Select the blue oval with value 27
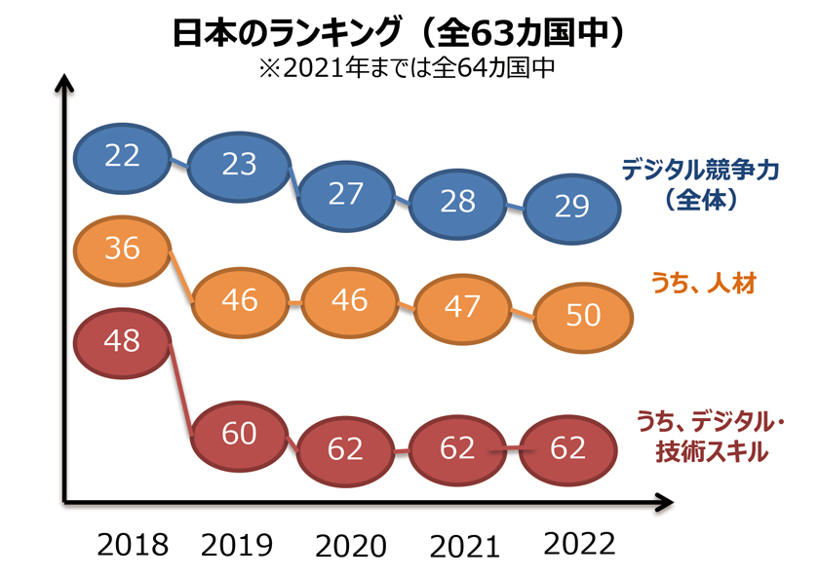345,194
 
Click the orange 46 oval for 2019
239,299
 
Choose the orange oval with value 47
461,306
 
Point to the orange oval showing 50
583,316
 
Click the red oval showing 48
123,341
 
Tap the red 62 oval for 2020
345,449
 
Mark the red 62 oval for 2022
567,447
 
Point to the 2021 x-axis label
464,545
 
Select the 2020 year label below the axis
350,545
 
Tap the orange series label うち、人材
703,284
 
